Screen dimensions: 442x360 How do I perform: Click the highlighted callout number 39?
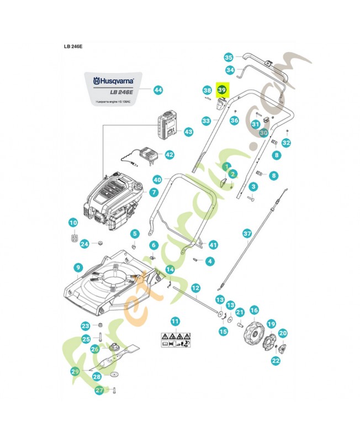[x=222, y=90]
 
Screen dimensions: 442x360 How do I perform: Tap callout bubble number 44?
[x=158, y=90]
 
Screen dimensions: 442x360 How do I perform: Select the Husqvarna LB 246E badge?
[x=115, y=88]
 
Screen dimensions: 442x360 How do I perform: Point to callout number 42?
[x=169, y=155]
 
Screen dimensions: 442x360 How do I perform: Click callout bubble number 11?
[x=175, y=321]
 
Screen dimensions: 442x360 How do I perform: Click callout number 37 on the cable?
[x=247, y=234]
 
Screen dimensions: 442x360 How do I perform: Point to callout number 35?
[x=229, y=56]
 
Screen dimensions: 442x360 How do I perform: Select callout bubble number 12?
[x=195, y=288]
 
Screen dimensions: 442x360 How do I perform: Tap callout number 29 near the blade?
[x=75, y=372]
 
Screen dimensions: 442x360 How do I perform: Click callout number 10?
[x=73, y=223]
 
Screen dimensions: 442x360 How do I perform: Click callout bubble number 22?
[x=276, y=360]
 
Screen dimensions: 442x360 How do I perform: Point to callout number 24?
[x=85, y=244]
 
